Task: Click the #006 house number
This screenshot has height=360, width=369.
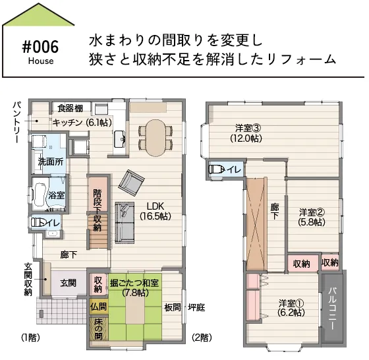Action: (40, 47)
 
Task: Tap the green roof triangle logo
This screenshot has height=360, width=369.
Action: (38, 14)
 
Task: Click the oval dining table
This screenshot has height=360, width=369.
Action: (156, 138)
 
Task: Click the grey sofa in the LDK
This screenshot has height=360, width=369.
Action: (125, 222)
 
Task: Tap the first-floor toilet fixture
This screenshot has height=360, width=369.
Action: (37, 222)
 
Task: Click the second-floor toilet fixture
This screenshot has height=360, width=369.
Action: (217, 169)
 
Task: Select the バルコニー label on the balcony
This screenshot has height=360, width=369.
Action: (332, 308)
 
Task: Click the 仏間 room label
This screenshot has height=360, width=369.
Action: (98, 307)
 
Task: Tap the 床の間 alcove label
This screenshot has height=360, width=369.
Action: (98, 329)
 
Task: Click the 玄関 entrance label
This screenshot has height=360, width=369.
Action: (68, 283)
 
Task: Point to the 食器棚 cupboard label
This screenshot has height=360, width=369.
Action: (71, 108)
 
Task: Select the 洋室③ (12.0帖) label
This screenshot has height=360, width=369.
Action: (246, 133)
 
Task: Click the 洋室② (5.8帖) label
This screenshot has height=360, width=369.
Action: (312, 217)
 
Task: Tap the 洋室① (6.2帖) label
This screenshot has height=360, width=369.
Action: (291, 307)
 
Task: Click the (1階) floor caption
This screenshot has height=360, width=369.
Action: (30, 338)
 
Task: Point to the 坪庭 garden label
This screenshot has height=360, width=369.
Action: (196, 307)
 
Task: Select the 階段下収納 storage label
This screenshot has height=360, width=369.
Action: (98, 210)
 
